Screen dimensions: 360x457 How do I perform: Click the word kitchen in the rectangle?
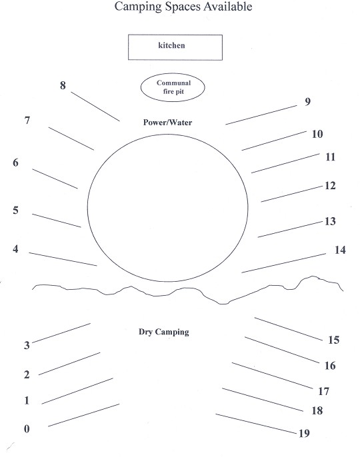tap(171, 45)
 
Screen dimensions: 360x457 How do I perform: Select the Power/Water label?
tap(167, 123)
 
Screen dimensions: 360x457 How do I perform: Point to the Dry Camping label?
tap(163, 332)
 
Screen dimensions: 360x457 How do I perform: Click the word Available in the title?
tap(228, 7)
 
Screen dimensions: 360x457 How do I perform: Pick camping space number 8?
tap(63, 85)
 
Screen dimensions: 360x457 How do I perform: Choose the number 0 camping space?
tap(27, 429)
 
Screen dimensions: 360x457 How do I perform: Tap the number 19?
tap(304, 434)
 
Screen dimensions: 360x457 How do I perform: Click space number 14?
tap(340, 250)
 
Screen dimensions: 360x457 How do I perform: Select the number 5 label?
tap(15, 211)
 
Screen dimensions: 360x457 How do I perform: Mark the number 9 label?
tap(307, 102)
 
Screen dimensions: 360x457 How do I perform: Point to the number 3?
tap(27, 345)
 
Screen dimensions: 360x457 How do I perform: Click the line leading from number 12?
tap(292, 194)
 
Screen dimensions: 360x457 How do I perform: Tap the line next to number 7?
tap(71, 139)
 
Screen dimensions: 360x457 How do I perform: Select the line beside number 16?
tap(282, 350)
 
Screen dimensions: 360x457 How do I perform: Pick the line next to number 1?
tap(77, 391)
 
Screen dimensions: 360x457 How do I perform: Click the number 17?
tap(323, 391)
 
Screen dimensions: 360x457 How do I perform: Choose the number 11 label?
tap(330, 157)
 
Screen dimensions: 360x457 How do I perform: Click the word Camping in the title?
tap(138, 7)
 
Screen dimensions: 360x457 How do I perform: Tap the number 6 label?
tap(15, 163)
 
